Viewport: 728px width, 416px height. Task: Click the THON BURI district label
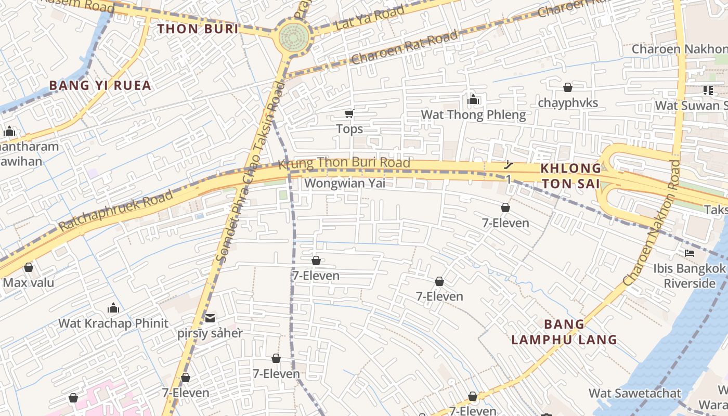pyautogui.click(x=198, y=29)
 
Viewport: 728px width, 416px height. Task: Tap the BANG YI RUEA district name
pyautogui.click(x=100, y=85)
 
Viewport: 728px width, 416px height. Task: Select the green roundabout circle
pyautogui.click(x=294, y=37)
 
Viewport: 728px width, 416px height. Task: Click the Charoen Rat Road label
pyautogui.click(x=405, y=47)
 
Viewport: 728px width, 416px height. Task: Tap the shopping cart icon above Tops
pyautogui.click(x=349, y=114)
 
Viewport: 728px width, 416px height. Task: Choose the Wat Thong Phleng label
pyautogui.click(x=473, y=114)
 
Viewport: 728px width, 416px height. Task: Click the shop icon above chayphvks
pyautogui.click(x=568, y=87)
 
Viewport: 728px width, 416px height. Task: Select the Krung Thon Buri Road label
pyautogui.click(x=344, y=163)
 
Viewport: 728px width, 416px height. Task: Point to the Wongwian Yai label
pyautogui.click(x=345, y=183)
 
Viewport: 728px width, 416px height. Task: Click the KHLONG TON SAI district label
pyautogui.click(x=570, y=176)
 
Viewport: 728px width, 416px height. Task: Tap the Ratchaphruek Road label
pyautogui.click(x=115, y=211)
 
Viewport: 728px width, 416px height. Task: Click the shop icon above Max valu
pyautogui.click(x=29, y=267)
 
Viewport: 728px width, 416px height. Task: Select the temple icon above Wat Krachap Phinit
pyautogui.click(x=113, y=308)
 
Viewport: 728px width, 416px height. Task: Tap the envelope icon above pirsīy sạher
pyautogui.click(x=210, y=318)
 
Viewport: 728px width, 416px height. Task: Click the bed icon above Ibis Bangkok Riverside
pyautogui.click(x=690, y=253)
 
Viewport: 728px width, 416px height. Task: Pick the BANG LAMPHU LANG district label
pyautogui.click(x=564, y=332)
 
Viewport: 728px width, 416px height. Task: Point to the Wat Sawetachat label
pyautogui.click(x=634, y=393)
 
